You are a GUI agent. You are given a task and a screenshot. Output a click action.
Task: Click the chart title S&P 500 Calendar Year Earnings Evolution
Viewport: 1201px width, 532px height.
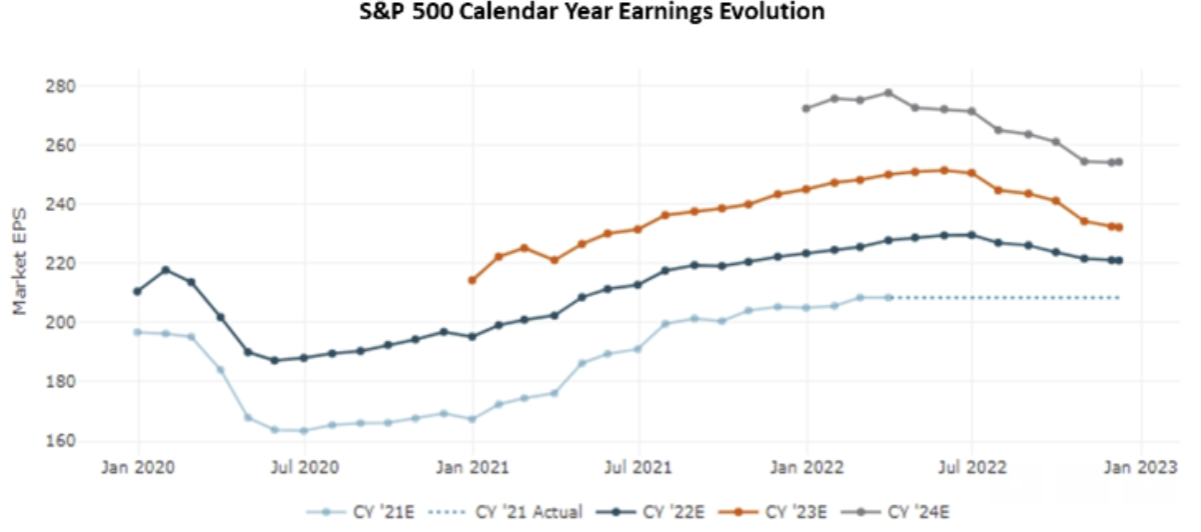click(593, 12)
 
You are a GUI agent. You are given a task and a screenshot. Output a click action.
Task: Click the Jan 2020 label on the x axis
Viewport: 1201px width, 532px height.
click(138, 466)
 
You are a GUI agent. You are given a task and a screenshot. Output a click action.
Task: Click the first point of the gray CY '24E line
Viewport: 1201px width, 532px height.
click(805, 108)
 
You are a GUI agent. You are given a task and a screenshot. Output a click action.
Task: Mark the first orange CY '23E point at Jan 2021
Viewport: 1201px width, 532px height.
click(472, 280)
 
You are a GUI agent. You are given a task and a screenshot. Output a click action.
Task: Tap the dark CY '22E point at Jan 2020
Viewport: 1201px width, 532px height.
click(137, 291)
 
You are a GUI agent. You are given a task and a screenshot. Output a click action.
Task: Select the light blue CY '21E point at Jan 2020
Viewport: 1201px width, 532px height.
click(137, 332)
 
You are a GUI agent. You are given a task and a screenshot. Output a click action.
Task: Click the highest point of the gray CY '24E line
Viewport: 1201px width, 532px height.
click(888, 93)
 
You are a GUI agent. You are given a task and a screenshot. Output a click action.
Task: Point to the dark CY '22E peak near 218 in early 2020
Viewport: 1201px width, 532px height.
click(165, 270)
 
